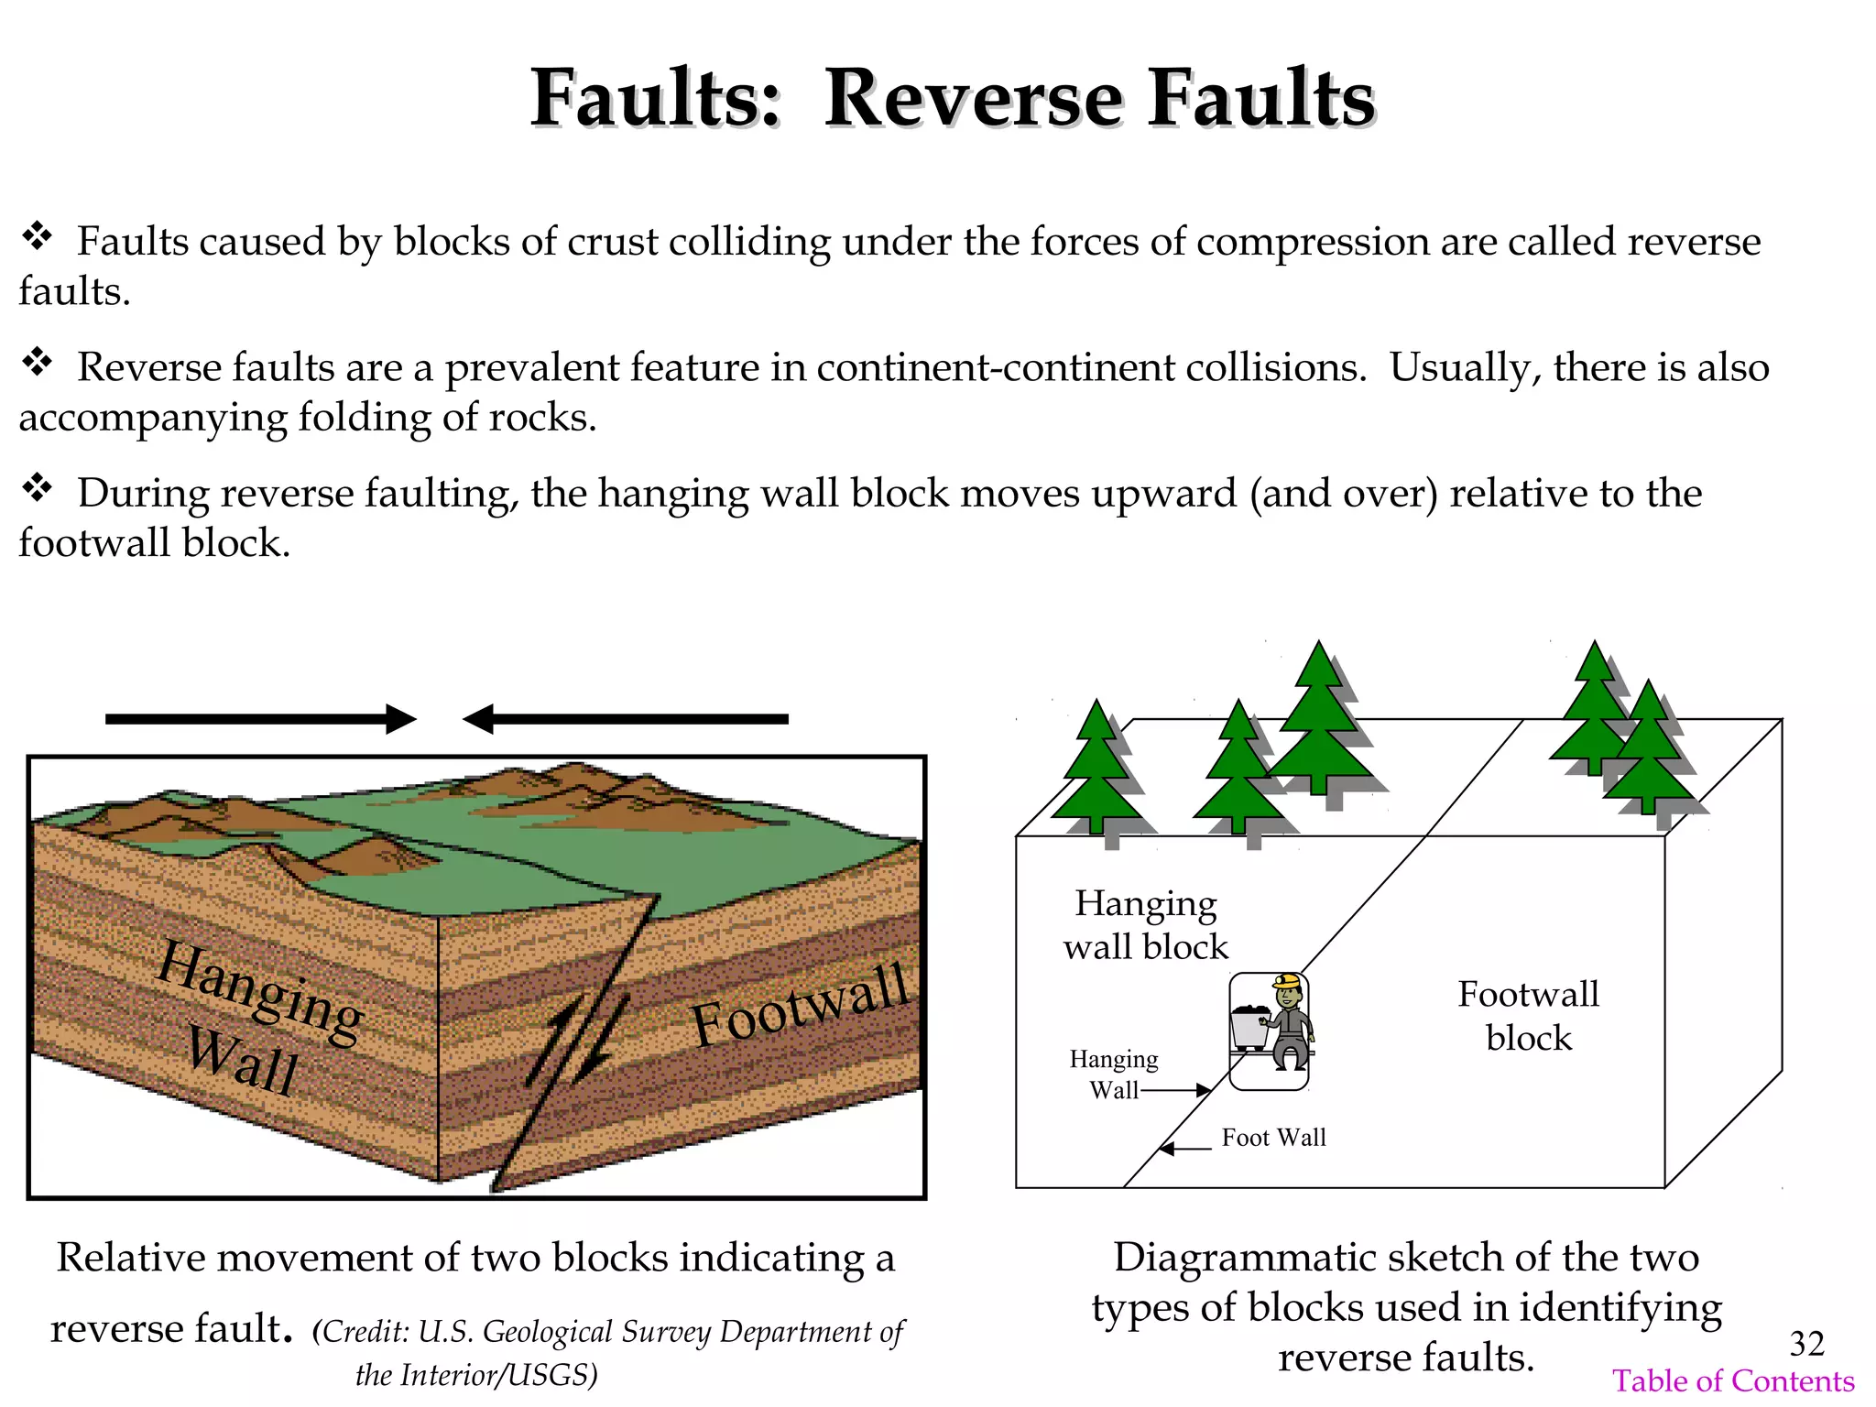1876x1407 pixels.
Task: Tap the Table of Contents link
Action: [x=1733, y=1380]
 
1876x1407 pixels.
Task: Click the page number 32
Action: [x=1806, y=1344]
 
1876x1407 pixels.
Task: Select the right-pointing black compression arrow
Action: [x=261, y=719]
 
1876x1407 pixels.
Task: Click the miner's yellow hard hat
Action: [x=1288, y=982]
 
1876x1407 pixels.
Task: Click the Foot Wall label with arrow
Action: [x=1272, y=1138]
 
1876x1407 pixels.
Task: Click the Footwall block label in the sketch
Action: [x=1528, y=1016]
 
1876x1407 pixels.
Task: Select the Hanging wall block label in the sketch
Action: [x=1145, y=924]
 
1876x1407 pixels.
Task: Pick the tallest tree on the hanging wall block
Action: [x=1319, y=719]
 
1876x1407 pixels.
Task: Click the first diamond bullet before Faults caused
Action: [x=38, y=236]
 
